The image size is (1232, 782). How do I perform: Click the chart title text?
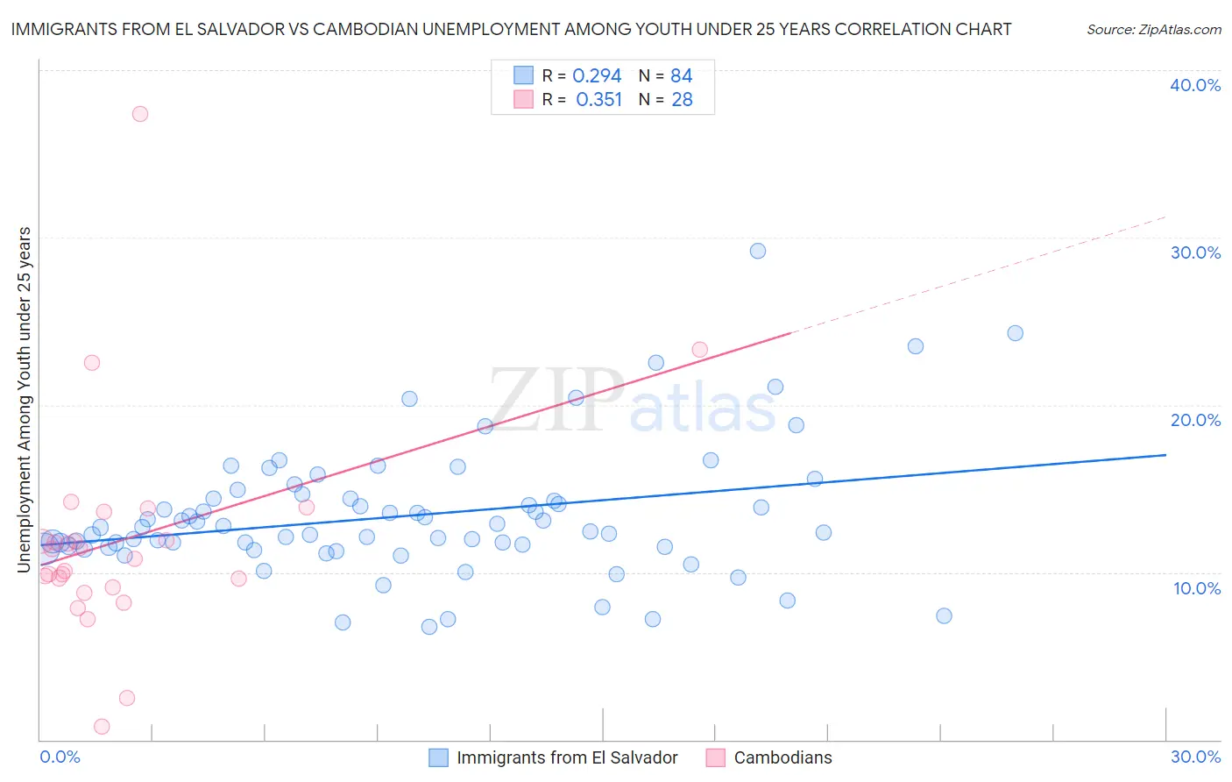(x=512, y=29)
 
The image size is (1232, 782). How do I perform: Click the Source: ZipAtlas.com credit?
(x=1153, y=29)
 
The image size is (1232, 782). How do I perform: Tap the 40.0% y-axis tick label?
(x=1195, y=85)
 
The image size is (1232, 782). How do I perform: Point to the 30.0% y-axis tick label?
(x=1195, y=252)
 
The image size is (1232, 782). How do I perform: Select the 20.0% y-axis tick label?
(x=1195, y=420)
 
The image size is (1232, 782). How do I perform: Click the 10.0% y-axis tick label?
(x=1196, y=588)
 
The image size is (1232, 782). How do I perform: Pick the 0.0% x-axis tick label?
(x=60, y=757)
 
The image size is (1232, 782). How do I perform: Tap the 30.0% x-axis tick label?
(x=1195, y=757)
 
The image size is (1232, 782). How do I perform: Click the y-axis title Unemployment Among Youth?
(x=24, y=400)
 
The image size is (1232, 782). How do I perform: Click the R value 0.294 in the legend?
(x=597, y=76)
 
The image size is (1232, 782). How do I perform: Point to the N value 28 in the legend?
(x=682, y=100)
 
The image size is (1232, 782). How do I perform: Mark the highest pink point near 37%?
(x=140, y=114)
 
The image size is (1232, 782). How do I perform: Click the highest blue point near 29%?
(x=758, y=251)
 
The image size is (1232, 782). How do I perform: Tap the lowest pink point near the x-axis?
(x=102, y=726)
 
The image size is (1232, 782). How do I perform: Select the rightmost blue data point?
(x=1015, y=333)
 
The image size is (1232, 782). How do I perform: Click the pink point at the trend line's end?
(x=699, y=350)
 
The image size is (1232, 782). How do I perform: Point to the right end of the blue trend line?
(x=1165, y=455)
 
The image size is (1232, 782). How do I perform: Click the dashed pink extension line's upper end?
(x=1165, y=217)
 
